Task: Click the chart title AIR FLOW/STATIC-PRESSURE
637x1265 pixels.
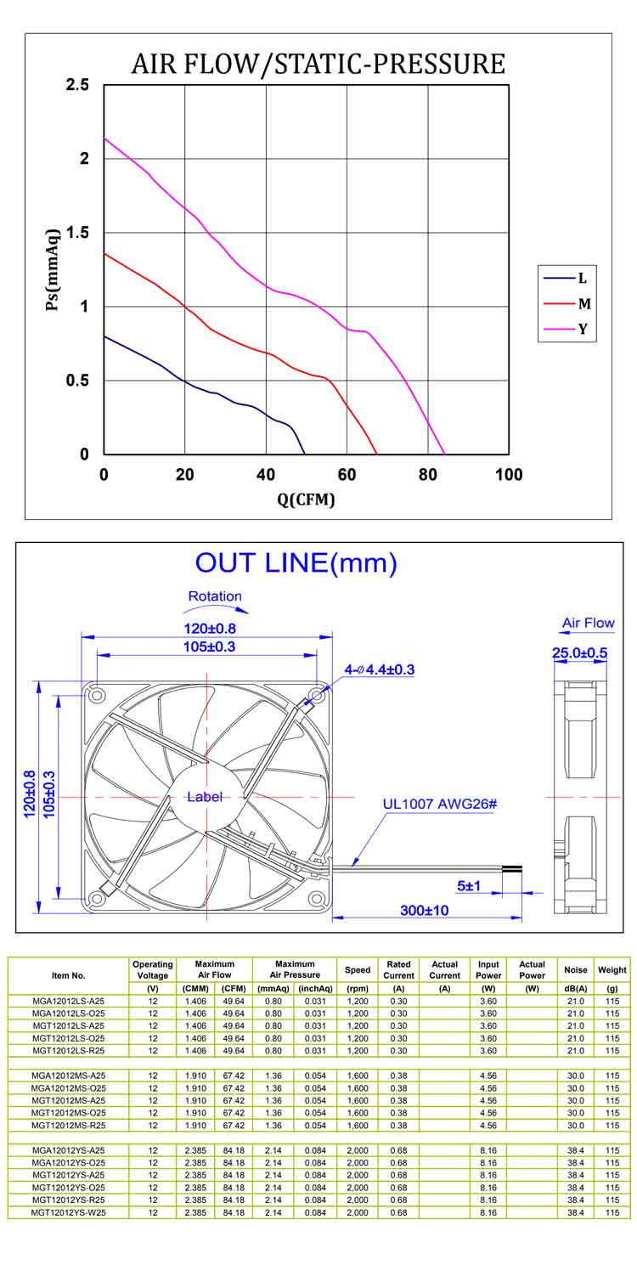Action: coord(318,64)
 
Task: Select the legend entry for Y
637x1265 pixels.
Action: coord(566,329)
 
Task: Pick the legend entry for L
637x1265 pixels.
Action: coord(566,278)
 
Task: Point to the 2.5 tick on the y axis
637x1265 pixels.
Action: coord(77,85)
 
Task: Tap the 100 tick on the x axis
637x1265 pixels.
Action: coord(509,474)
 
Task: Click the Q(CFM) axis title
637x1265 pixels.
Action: coord(306,500)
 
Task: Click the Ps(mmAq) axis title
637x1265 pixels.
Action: coord(53,269)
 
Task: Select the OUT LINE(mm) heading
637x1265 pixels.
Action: coord(296,563)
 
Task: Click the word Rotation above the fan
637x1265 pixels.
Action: coord(215,596)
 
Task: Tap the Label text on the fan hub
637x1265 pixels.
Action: coord(205,797)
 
